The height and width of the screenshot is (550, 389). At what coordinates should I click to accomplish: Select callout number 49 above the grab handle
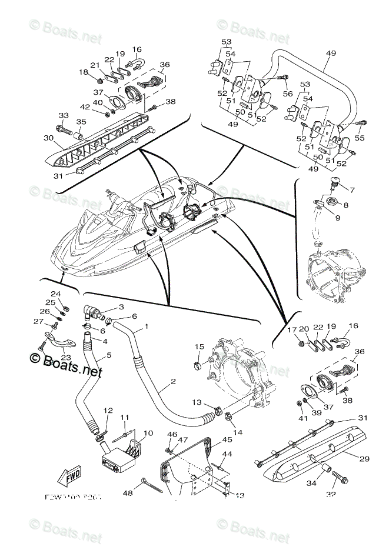pos(330,53)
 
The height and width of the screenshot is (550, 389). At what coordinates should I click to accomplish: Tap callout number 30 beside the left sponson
pos(47,139)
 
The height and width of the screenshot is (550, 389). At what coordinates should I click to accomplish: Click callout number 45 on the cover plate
pos(210,439)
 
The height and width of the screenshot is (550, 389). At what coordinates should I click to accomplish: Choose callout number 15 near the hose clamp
pos(353,189)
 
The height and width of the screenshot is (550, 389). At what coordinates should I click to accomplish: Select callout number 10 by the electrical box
pos(148,434)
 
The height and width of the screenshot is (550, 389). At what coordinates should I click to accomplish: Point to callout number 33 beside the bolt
pos(63,115)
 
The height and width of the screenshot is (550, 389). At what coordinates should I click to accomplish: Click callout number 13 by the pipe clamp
pos(196,402)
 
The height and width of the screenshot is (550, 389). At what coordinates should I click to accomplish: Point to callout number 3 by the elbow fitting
pos(121,306)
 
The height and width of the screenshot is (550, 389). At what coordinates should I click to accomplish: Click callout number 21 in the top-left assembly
pos(95,65)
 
